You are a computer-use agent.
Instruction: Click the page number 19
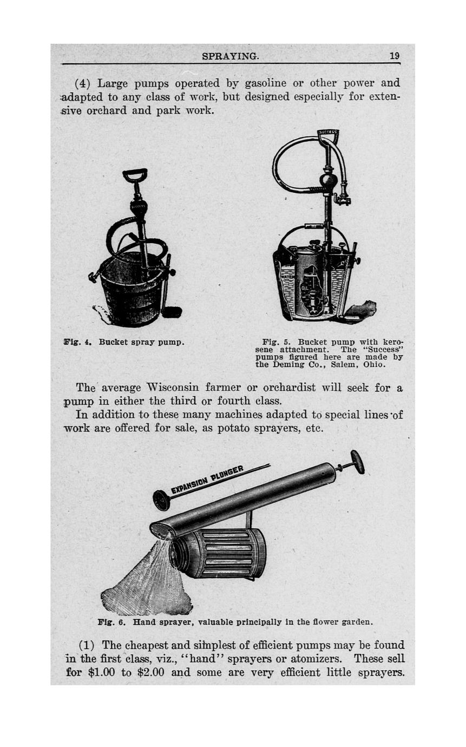(x=394, y=56)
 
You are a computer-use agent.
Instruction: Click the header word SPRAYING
(x=231, y=56)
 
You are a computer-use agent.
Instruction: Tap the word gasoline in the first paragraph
(x=266, y=84)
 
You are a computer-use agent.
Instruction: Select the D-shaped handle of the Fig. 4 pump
(x=135, y=175)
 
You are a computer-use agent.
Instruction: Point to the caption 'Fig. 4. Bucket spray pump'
(x=124, y=343)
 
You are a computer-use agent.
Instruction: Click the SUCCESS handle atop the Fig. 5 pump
(x=327, y=133)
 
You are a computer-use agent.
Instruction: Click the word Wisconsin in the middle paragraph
(x=172, y=388)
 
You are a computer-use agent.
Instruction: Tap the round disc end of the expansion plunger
(x=161, y=500)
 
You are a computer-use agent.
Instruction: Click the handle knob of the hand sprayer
(x=357, y=462)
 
